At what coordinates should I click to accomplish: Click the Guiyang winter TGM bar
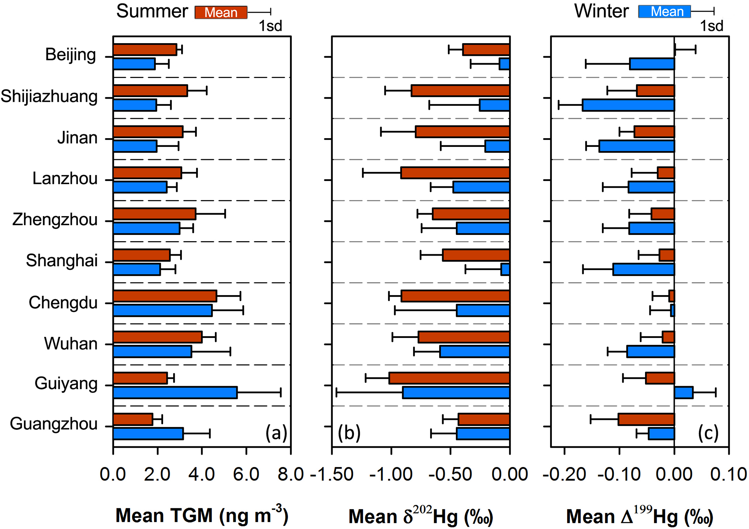click(175, 393)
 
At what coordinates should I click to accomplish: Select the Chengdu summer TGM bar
click(165, 296)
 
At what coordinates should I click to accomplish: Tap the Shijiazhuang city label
click(49, 96)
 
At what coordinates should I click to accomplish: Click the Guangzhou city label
click(54, 424)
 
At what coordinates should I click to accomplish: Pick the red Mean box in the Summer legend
click(221, 12)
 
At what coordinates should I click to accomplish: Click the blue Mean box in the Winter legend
click(665, 12)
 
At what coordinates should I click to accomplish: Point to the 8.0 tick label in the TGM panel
click(291, 474)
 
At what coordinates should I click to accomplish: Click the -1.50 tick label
click(332, 474)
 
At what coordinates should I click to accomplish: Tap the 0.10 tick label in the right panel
click(729, 474)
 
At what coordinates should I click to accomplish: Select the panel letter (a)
click(276, 433)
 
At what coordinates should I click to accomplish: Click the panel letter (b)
click(349, 433)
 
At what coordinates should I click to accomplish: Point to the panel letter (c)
click(708, 433)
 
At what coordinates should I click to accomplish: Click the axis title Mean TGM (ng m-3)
click(202, 516)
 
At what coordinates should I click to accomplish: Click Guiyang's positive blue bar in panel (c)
click(683, 393)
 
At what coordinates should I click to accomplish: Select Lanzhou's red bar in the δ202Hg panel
click(455, 173)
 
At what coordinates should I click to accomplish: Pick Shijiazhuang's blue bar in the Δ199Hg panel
click(628, 105)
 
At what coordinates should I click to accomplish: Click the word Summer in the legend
click(152, 12)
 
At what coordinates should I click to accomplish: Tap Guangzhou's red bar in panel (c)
click(646, 420)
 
